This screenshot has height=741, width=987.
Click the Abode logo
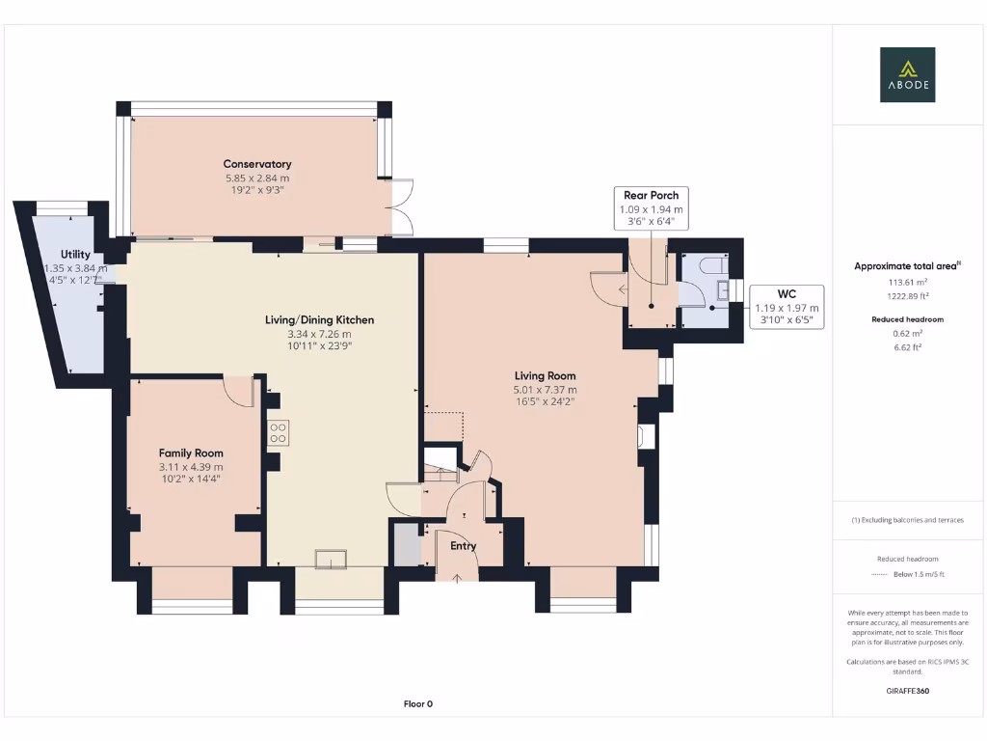click(x=907, y=75)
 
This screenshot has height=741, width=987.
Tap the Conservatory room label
click(x=256, y=164)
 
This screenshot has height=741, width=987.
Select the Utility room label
click(x=75, y=255)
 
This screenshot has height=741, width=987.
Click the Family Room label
click(x=191, y=453)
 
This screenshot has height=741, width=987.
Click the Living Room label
click(x=545, y=376)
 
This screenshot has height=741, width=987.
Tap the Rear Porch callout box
click(x=651, y=207)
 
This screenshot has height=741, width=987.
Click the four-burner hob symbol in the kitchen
click(x=278, y=433)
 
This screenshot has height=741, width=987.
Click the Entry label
click(x=464, y=546)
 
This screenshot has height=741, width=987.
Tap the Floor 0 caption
click(x=418, y=704)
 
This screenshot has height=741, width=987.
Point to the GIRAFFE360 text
click(x=907, y=691)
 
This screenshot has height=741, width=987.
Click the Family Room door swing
click(x=237, y=391)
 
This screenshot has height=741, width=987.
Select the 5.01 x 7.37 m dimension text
click(x=545, y=390)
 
